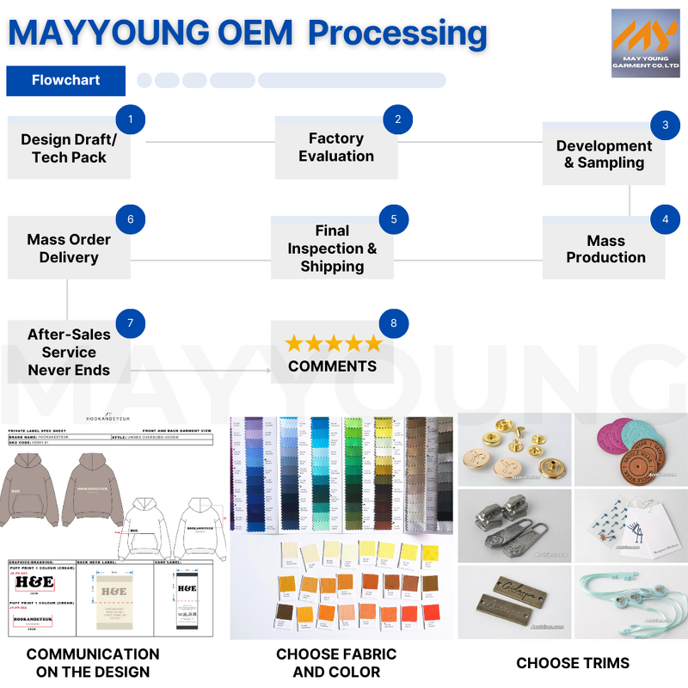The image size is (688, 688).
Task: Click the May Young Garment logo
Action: pos(645,43)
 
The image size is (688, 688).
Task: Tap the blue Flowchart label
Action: pos(65,80)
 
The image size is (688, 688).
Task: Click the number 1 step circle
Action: pos(130,119)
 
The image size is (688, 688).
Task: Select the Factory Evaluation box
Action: pos(335,148)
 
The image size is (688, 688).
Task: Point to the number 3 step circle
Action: pos(665,125)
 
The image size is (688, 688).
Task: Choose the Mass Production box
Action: pos(605,249)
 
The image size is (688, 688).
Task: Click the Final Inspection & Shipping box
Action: pos(332,249)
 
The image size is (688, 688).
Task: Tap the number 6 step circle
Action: pos(130,219)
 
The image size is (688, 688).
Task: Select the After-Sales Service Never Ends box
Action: pos(69,353)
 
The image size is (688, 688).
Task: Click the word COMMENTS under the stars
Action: pos(332,366)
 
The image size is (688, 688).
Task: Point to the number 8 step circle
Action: pos(394,323)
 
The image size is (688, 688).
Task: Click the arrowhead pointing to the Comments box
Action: pos(267,371)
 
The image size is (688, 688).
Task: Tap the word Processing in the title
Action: pos(397,33)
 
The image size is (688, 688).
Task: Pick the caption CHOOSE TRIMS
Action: pos(573,663)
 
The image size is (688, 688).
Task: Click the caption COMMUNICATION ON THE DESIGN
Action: pos(93,663)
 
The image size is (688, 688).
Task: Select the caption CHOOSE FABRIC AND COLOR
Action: pos(336,663)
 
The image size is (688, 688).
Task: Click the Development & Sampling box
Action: pos(604,155)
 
